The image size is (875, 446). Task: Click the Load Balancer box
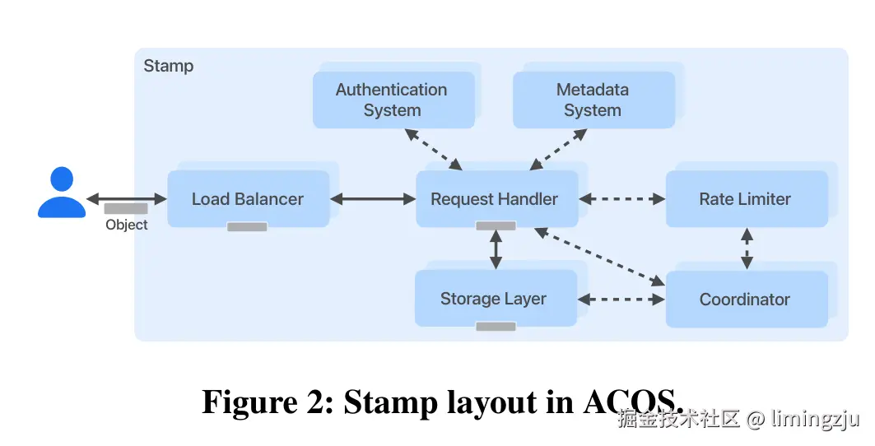point(248,199)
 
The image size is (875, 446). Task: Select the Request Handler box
point(495,199)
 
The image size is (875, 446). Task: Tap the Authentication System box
point(392,100)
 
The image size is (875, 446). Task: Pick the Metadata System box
point(593,100)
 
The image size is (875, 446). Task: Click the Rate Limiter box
point(745,199)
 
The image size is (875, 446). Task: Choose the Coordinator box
point(745,300)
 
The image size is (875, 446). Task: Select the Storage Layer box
point(494,299)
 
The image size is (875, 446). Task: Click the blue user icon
point(62,193)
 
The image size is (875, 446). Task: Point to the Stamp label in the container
point(169,66)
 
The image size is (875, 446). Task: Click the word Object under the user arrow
point(127,225)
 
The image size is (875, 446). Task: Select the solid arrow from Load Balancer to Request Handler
point(373,198)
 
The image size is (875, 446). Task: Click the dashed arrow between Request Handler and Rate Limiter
point(622,198)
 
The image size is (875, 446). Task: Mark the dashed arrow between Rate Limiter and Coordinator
point(747,249)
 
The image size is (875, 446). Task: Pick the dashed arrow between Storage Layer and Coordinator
point(622,300)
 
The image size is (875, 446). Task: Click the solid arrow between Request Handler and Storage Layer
point(496,249)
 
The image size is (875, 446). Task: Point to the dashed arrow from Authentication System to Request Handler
point(430,150)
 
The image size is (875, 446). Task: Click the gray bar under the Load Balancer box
point(247,227)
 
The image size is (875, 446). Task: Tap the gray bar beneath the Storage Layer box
point(496,327)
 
